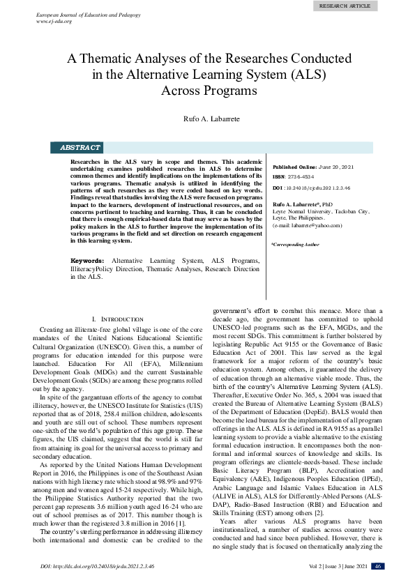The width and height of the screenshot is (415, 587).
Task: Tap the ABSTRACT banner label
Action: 80,148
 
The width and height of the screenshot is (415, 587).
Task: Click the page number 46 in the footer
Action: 377,566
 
